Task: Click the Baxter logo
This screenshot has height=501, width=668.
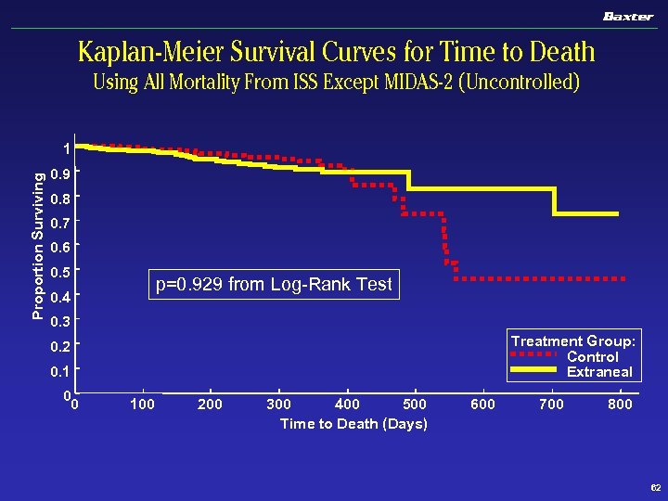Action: (x=628, y=16)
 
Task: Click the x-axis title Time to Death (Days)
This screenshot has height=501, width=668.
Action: (x=353, y=424)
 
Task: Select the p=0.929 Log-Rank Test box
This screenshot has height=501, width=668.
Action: (x=273, y=284)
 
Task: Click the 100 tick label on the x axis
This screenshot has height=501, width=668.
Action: (x=142, y=405)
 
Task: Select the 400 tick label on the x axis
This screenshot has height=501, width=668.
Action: (x=347, y=405)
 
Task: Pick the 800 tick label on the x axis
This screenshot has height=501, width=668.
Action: (x=620, y=405)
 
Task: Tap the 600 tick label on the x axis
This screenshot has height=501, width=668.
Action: (x=483, y=405)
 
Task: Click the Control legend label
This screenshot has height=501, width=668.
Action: (x=592, y=356)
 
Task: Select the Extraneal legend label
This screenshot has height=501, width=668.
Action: (x=599, y=372)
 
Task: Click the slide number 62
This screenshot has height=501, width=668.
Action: (x=655, y=488)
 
